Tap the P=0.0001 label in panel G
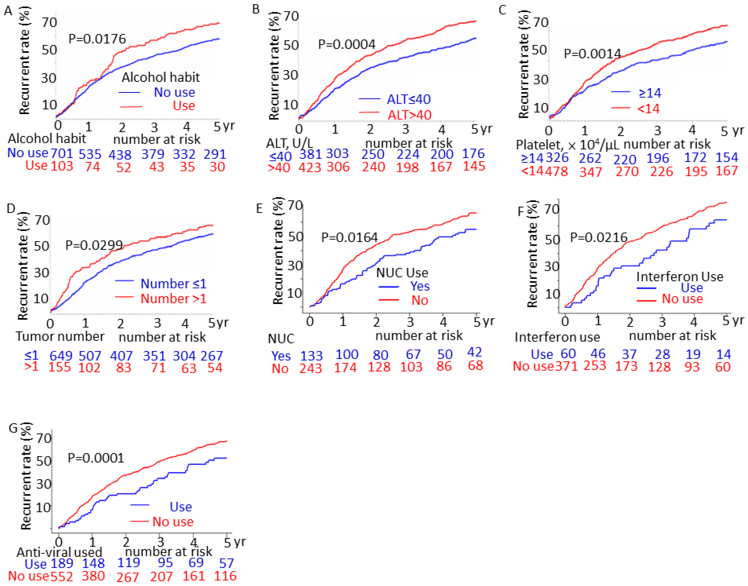point(96,458)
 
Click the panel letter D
point(11,208)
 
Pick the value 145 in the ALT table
point(474,166)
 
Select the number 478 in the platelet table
point(556,171)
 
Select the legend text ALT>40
point(409,115)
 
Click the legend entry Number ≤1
point(173,284)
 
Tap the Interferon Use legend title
point(679,276)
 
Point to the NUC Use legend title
point(402,273)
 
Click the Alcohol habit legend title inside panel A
point(161,77)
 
